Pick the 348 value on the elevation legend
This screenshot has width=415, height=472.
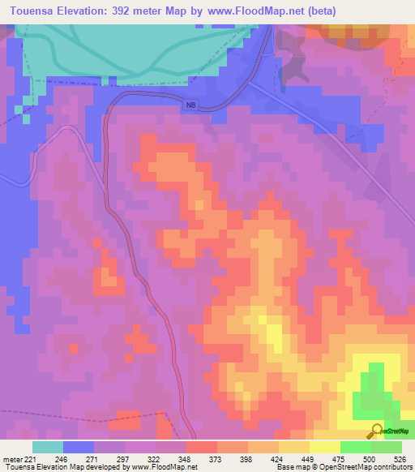point(186,458)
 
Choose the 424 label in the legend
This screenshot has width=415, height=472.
point(277,458)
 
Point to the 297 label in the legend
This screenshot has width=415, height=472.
point(124,458)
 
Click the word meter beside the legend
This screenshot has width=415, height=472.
point(12,458)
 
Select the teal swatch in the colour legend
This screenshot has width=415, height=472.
point(48,447)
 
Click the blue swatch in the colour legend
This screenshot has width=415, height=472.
point(79,447)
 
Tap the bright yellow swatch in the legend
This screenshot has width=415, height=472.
point(324,447)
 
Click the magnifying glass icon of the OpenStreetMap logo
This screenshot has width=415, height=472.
point(375,430)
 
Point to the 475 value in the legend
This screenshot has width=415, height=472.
point(339,458)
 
